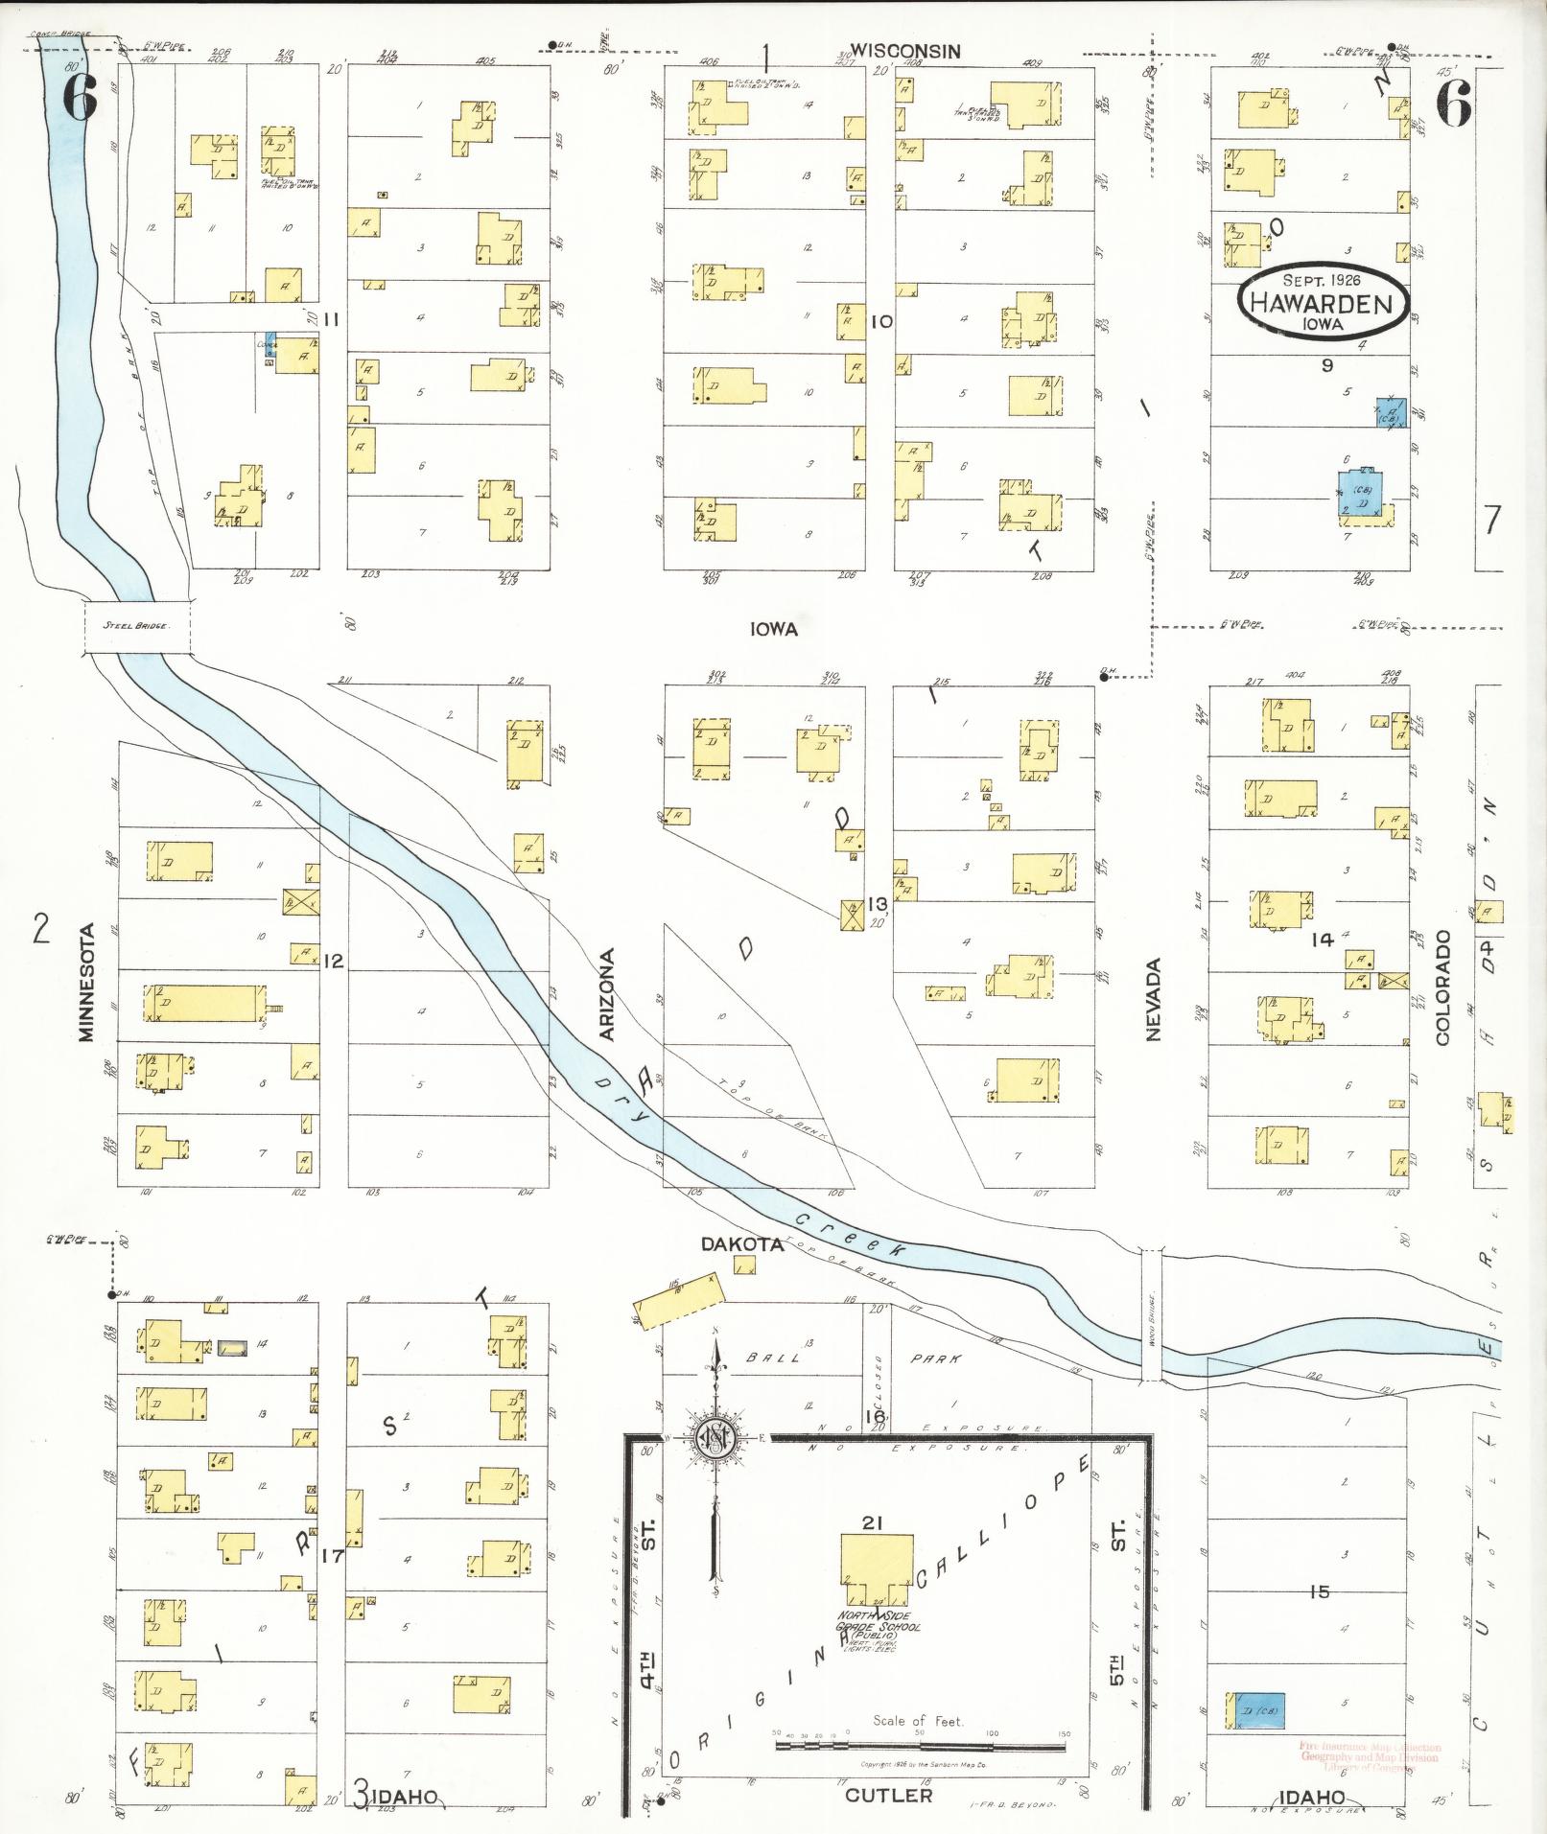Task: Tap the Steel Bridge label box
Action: (x=137, y=626)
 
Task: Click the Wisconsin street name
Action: (x=904, y=52)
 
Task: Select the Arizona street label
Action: (x=607, y=995)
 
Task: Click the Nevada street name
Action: (x=1152, y=999)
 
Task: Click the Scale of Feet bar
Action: (x=919, y=1746)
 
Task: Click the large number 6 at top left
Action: (x=81, y=98)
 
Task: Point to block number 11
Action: (x=331, y=319)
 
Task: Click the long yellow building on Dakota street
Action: (x=676, y=1299)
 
